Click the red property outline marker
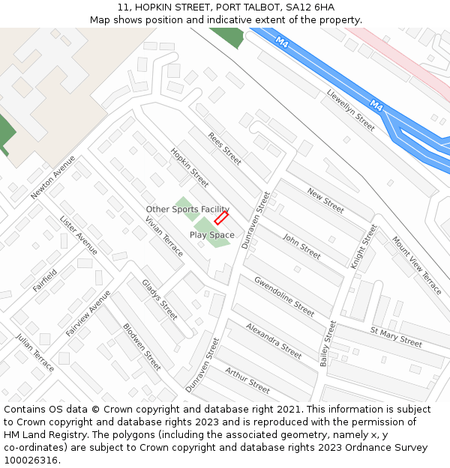tap(221, 218)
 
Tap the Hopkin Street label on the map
tap(189, 166)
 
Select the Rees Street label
tap(225, 149)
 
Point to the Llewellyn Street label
tap(350, 110)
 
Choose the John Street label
tap(301, 246)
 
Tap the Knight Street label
tap(364, 246)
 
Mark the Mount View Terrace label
tap(416, 265)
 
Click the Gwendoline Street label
tap(284, 297)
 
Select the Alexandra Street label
tap(274, 339)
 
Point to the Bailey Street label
tap(328, 344)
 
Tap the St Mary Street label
tap(396, 335)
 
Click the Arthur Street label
tap(247, 380)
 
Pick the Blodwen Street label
tap(142, 347)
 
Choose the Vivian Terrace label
tap(164, 237)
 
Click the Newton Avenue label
tap(53, 177)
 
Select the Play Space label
tap(211, 235)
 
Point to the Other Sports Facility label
tap(187, 209)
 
